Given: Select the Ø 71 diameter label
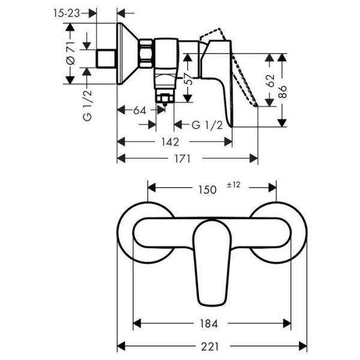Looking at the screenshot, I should click(71, 54).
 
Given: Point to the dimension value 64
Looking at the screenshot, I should click(140, 110).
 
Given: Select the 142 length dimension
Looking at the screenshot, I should click(170, 142).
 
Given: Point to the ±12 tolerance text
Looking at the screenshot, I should click(234, 185).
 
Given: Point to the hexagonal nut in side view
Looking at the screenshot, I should click(145, 54).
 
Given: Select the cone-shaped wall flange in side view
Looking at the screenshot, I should click(126, 54).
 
